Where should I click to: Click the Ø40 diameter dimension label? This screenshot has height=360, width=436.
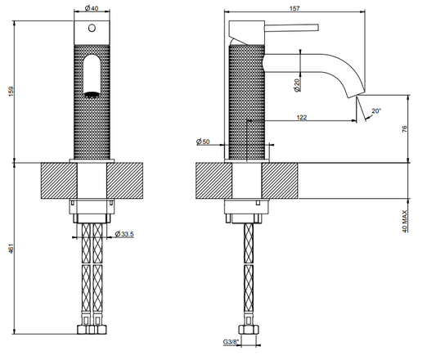coord(92,8)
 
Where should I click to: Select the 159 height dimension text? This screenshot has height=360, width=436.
coord(11,92)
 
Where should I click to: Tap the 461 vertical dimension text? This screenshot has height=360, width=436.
coord(11,249)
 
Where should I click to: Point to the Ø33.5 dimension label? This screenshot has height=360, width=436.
coord(124,234)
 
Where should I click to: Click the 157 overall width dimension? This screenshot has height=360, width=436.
coord(294,8)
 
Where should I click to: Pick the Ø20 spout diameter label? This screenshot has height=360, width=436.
coord(297,85)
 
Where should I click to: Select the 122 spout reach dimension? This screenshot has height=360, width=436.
coord(302,117)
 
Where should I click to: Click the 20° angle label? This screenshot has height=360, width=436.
coord(376,110)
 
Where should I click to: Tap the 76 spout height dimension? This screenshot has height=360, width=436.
coord(405,128)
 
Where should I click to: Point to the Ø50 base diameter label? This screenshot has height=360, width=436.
coord(203,142)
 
